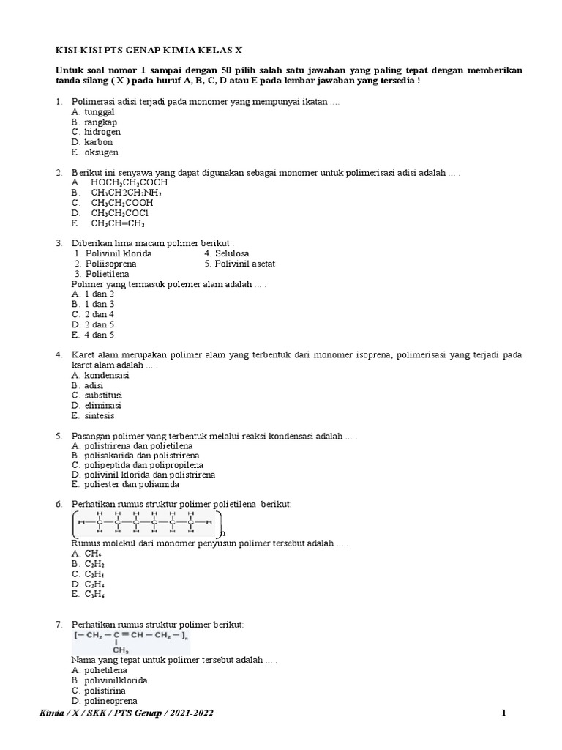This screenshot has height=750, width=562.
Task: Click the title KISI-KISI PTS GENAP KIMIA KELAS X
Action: [149, 50]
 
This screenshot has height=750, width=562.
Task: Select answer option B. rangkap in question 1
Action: [94, 122]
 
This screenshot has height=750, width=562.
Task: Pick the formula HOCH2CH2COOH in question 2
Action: [129, 182]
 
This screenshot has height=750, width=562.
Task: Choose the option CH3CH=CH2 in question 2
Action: [118, 223]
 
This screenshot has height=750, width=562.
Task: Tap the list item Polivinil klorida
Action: [119, 253]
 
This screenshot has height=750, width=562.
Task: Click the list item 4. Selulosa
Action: [228, 253]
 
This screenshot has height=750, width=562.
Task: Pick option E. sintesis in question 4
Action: [94, 415]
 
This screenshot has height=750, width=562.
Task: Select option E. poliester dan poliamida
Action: [125, 484]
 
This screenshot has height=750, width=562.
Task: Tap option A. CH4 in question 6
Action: [87, 554]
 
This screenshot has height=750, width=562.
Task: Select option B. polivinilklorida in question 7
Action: [109, 680]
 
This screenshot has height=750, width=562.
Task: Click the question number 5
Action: [59, 436]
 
